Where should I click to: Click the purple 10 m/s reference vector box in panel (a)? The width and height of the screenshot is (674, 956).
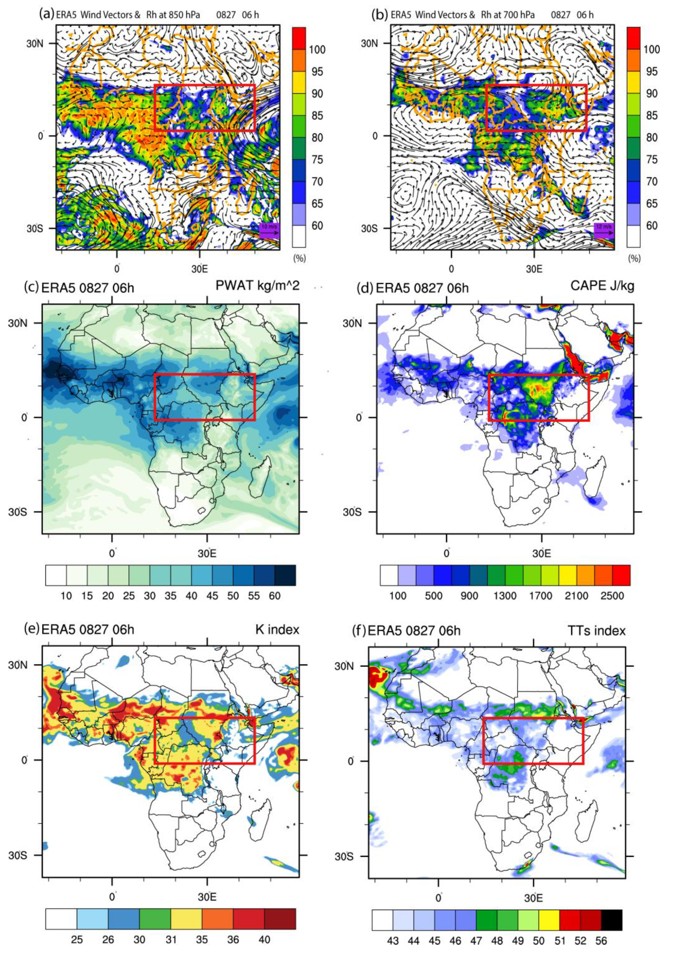coord(268,230)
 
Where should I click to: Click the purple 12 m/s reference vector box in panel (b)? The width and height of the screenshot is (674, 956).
coord(603,230)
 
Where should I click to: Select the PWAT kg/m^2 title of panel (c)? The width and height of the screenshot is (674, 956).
coord(257,286)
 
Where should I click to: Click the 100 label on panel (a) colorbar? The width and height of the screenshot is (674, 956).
coord(317,50)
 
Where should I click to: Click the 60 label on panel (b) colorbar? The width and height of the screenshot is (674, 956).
coord(651,226)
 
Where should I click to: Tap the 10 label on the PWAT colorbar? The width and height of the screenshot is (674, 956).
coord(66,596)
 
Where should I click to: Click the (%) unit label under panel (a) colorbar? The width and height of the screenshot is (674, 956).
coord(299,258)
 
